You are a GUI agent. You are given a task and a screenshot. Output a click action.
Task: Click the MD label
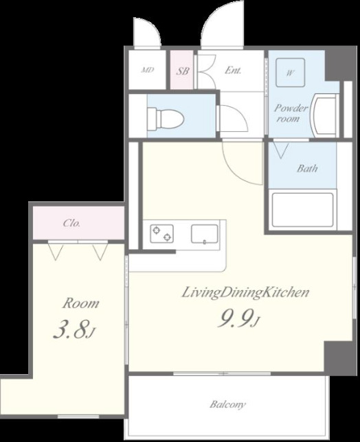[x=148, y=70]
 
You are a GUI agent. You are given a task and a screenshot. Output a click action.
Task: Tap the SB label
[x=183, y=71]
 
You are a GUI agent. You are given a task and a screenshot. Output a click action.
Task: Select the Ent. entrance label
[x=233, y=70]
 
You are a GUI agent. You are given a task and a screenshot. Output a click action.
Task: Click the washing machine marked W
[x=291, y=73]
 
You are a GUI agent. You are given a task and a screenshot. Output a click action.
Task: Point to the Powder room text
[x=291, y=113]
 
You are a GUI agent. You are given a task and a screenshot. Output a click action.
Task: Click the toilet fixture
[x=166, y=119]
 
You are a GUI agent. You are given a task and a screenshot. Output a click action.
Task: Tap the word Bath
[x=307, y=168]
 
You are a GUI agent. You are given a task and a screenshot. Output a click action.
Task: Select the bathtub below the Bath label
[x=302, y=210]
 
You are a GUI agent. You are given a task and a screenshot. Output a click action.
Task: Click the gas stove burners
[x=161, y=233]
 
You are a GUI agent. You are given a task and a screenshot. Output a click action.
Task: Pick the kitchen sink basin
[x=205, y=233]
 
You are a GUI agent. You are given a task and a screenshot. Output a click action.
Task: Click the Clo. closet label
[x=71, y=223]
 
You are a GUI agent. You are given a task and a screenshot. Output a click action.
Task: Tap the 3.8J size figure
[x=74, y=329]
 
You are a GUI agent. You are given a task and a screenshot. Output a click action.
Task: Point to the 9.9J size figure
[x=238, y=318]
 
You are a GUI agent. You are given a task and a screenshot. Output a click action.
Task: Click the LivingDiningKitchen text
[x=245, y=292]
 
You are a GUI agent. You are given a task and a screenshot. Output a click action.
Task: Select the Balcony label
[x=227, y=405]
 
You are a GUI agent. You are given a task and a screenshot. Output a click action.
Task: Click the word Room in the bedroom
[x=80, y=303]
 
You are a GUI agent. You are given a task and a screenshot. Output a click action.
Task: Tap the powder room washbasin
[x=324, y=115]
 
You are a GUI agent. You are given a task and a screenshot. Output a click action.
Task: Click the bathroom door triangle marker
[x=281, y=150]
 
